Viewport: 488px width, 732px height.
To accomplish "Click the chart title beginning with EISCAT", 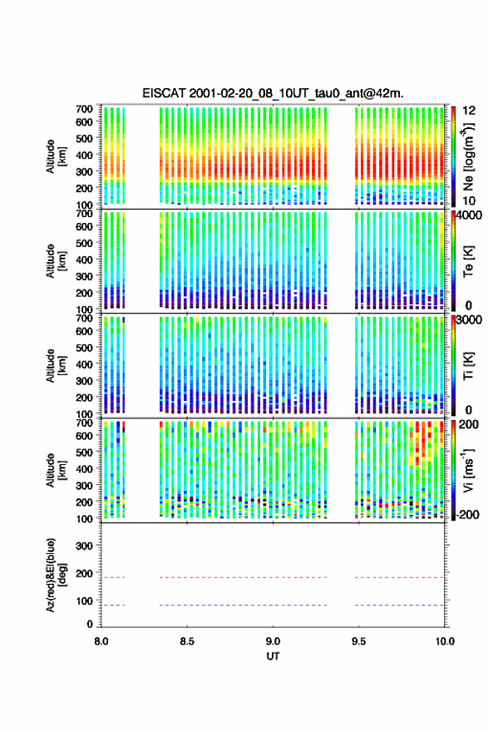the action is (x=273, y=93).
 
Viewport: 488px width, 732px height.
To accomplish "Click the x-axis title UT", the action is (x=273, y=656).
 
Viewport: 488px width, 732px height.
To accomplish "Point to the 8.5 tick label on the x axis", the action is (x=187, y=641).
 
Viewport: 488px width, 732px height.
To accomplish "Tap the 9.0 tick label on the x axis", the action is (x=273, y=641).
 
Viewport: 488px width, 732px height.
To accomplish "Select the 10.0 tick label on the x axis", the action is (x=445, y=641).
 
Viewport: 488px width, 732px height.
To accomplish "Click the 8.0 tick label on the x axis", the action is (x=101, y=641).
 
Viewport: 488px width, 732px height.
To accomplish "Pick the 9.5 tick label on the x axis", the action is (x=359, y=641).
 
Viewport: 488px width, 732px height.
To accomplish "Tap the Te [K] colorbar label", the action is (x=468, y=261).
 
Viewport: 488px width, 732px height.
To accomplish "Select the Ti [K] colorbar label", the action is (x=468, y=366).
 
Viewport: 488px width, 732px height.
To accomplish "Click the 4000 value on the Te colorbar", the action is (x=469, y=215).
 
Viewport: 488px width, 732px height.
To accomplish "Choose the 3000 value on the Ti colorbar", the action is (x=469, y=319).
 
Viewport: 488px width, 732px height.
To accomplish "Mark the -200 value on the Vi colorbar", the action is (x=466, y=514).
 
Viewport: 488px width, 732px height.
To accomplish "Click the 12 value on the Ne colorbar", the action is (x=469, y=111).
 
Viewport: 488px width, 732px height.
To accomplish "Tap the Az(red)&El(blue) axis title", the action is (x=56, y=575).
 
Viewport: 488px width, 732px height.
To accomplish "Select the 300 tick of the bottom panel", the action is (x=85, y=546).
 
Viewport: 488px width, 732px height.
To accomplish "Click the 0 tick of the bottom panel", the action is (x=90, y=624).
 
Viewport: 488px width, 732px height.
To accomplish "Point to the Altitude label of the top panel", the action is (x=56, y=156).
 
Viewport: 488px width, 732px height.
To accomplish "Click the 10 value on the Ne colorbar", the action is (x=469, y=200).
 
